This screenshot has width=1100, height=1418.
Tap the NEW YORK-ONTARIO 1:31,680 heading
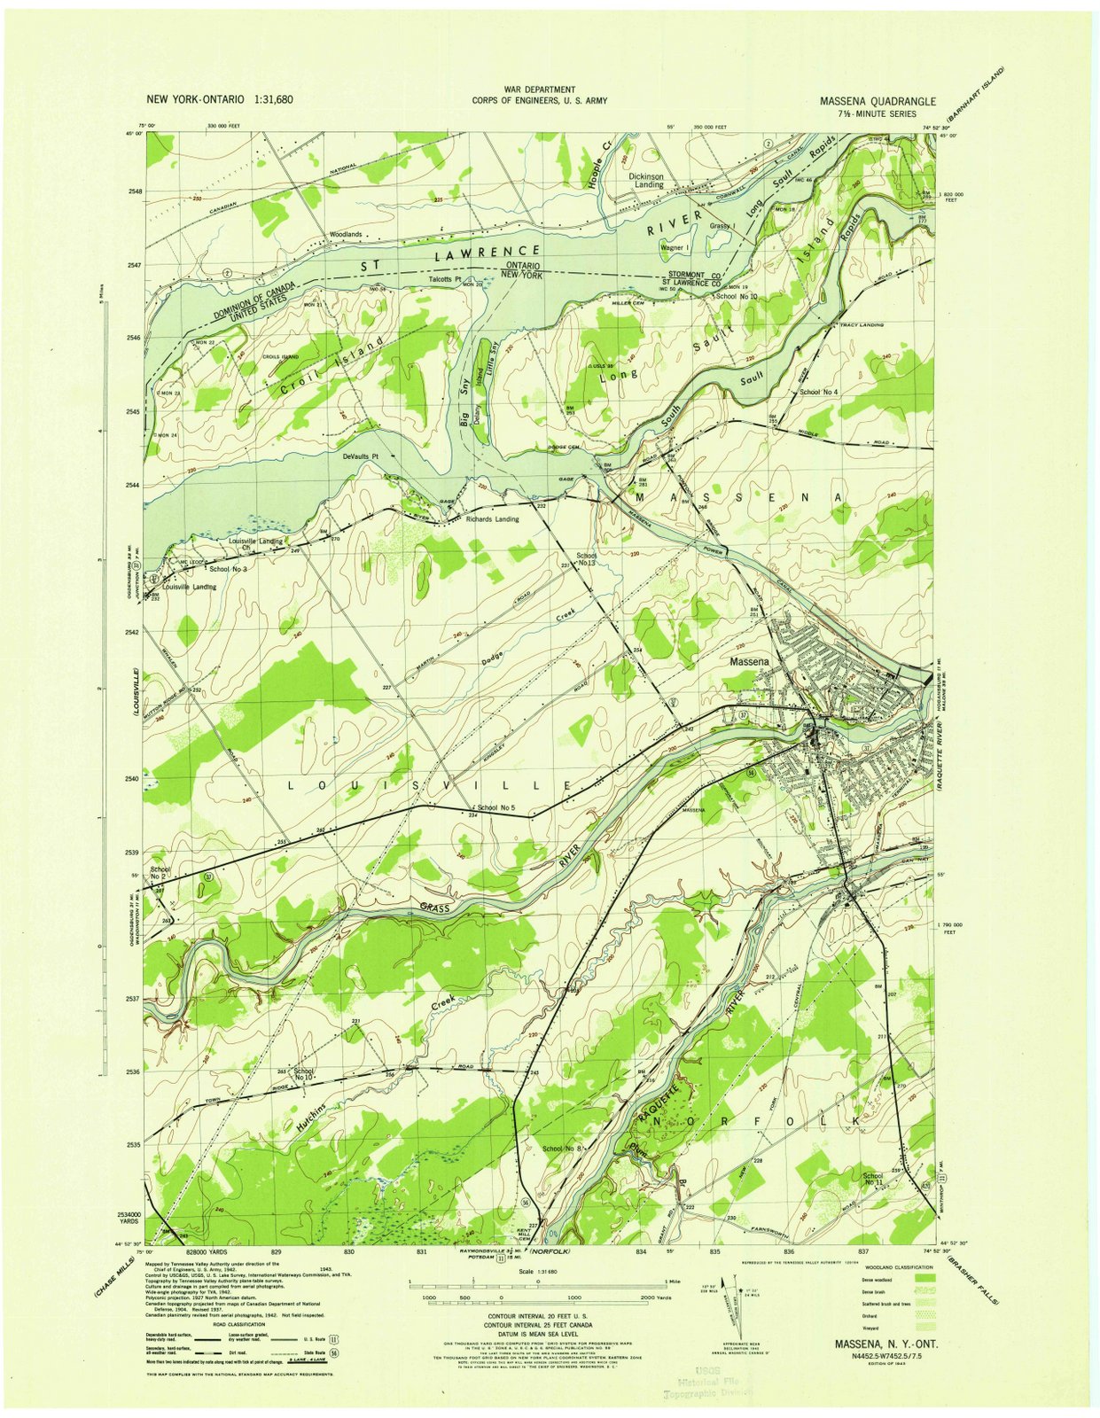(x=219, y=99)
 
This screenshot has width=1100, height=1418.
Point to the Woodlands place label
(x=346, y=235)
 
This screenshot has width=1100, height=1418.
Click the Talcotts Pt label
(x=448, y=277)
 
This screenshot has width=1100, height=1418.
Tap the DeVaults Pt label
(x=361, y=456)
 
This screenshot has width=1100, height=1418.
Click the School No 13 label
(x=586, y=559)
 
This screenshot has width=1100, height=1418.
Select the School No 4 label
(x=818, y=391)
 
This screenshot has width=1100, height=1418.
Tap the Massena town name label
(x=749, y=662)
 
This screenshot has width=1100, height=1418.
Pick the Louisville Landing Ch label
(x=255, y=543)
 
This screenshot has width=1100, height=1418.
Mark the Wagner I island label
(x=676, y=248)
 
